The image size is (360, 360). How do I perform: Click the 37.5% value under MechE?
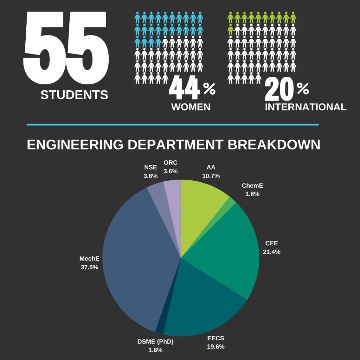click(89, 267)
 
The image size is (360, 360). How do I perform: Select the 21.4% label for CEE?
click(271, 252)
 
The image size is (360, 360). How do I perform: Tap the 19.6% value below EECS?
click(216, 347)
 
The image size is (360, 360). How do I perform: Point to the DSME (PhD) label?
click(155, 341)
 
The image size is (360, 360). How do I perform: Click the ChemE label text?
click(252, 185)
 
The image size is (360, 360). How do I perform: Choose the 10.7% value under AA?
click(211, 176)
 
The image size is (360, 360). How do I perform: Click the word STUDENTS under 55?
click(74, 95)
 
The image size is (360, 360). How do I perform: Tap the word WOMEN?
click(191, 107)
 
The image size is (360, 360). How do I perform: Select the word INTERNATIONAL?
click(306, 107)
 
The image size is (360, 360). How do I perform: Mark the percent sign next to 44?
click(209, 89)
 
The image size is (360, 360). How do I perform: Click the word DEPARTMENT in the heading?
click(175, 145)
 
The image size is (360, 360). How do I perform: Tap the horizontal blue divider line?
click(173, 124)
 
